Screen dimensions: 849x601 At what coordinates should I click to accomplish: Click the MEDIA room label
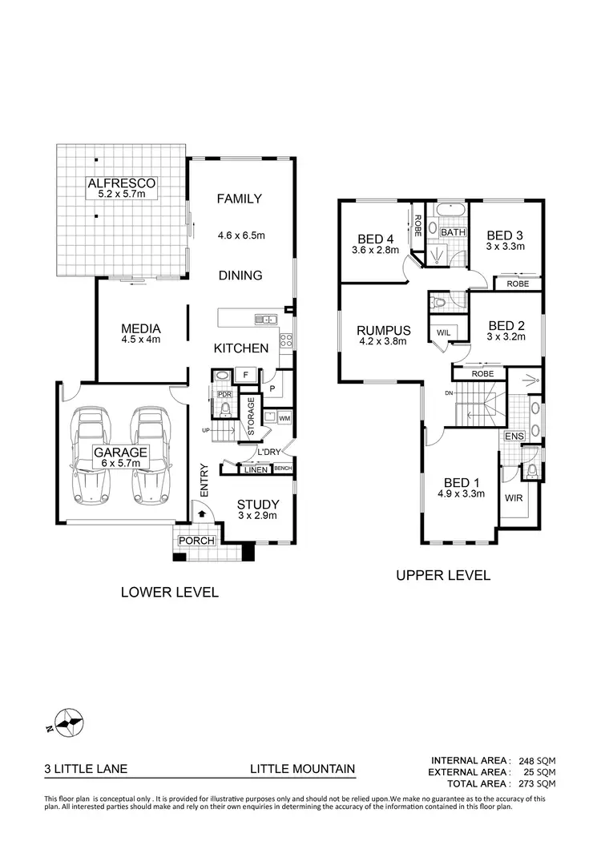pos(141,328)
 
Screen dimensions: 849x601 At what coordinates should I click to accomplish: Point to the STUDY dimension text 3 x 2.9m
pos(257,516)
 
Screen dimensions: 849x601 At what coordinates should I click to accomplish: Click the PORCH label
pos(196,541)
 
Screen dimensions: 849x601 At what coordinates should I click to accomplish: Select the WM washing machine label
pos(285,419)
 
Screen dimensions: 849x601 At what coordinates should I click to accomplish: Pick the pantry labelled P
pos(272,389)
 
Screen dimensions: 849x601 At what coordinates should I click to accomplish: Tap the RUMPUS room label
pos(383,330)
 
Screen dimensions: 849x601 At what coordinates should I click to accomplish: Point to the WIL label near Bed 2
pos(442,332)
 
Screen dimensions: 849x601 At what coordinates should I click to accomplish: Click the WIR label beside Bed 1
pos(513,497)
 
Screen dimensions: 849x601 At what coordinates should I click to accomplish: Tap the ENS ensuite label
pos(513,437)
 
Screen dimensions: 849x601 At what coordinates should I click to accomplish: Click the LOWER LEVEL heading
pos(169,593)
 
